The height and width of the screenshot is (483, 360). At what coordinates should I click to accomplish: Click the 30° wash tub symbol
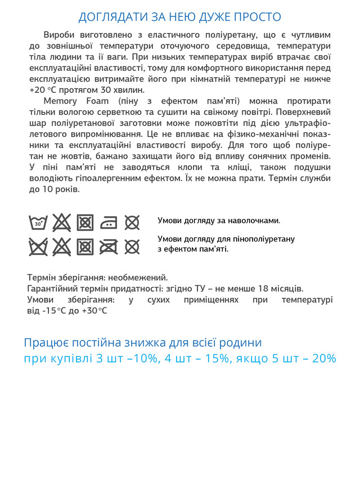pyautogui.click(x=38, y=223)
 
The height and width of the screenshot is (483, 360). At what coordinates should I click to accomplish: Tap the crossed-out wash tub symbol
pyautogui.click(x=38, y=247)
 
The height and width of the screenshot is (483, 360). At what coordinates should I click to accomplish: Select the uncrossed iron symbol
pyautogui.click(x=109, y=223)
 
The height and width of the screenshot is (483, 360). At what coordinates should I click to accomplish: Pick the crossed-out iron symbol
pyautogui.click(x=109, y=247)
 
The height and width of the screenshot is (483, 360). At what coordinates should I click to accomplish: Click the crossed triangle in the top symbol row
pyautogui.click(x=61, y=223)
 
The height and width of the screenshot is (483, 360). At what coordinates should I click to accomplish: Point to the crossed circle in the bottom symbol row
pyautogui.click(x=132, y=247)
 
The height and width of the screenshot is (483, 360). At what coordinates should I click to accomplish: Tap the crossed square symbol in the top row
pyautogui.click(x=85, y=223)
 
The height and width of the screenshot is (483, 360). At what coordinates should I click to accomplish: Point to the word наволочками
pyautogui.click(x=251, y=221)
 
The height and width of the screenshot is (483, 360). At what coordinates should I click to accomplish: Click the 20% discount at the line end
pyautogui.click(x=323, y=359)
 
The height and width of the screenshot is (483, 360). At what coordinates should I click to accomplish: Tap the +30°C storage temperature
pyautogui.click(x=93, y=310)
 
